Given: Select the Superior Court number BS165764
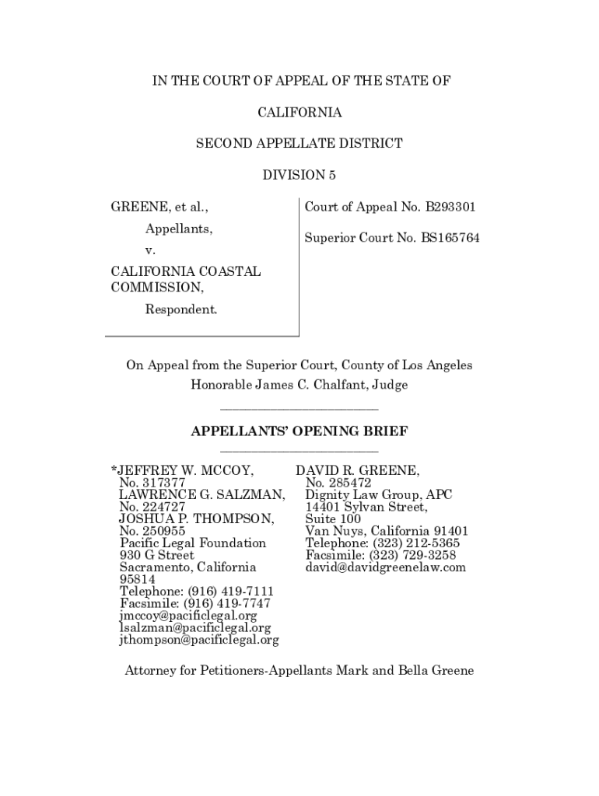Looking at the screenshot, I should point(450,238).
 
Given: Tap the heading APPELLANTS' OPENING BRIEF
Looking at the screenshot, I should point(299,431).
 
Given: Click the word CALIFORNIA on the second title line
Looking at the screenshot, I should point(299,113).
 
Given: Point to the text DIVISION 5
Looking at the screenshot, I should point(299,175).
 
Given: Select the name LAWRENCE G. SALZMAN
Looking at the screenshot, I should point(201,494).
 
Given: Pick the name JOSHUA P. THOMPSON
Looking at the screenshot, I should point(196,518).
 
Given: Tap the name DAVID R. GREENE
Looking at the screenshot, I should point(358,471).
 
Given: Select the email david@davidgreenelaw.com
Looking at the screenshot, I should point(386,567).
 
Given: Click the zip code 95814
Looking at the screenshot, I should point(137,580).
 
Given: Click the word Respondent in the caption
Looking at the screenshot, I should point(181,309).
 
